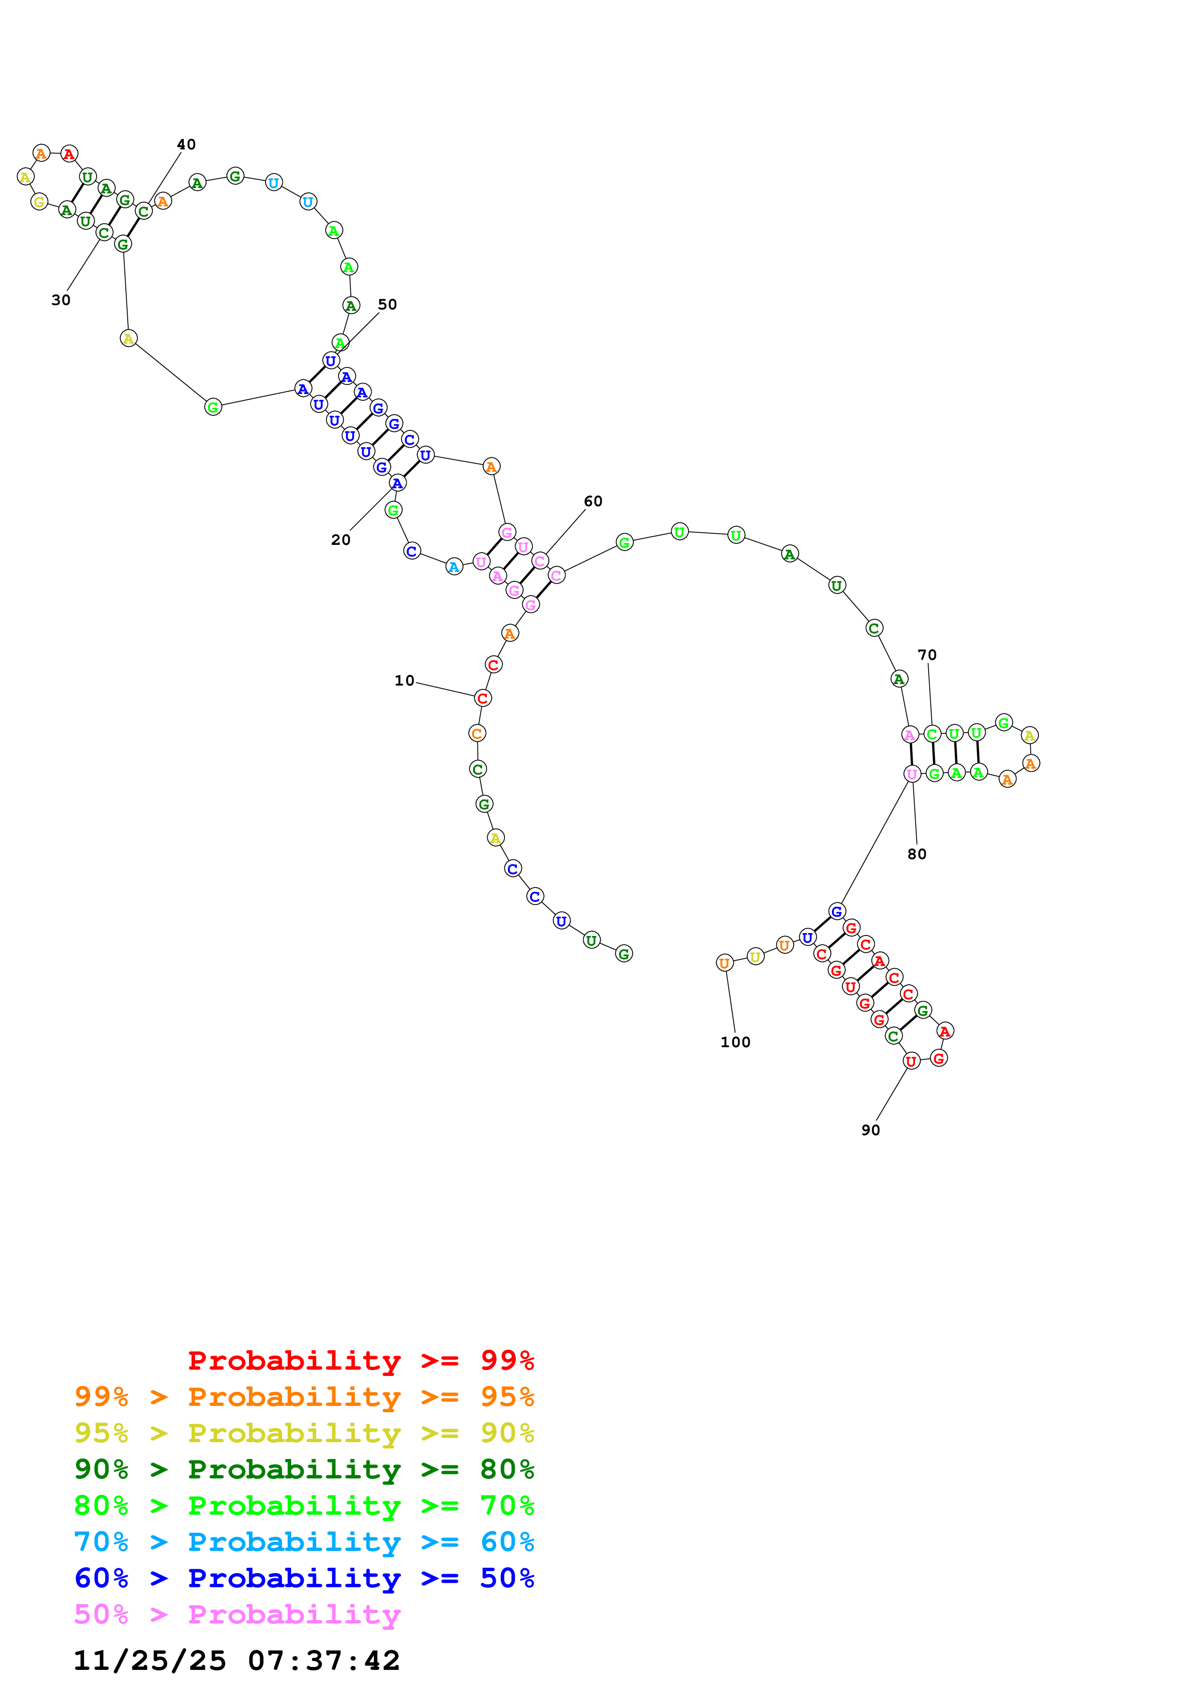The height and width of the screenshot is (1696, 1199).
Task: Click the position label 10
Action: pyautogui.click(x=404, y=680)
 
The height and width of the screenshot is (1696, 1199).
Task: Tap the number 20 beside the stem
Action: pyautogui.click(x=340, y=540)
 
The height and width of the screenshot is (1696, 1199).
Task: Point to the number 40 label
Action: pyautogui.click(x=186, y=144)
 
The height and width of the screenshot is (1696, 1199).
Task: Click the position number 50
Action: pyautogui.click(x=387, y=304)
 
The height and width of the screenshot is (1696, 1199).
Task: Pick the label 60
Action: pyautogui.click(x=593, y=501)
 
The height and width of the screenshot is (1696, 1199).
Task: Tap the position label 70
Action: pyautogui.click(x=927, y=655)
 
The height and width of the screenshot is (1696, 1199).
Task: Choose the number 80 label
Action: pyautogui.click(x=917, y=854)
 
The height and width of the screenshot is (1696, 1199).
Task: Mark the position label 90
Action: pyautogui.click(x=871, y=1130)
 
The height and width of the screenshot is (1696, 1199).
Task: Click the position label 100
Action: pyautogui.click(x=735, y=1042)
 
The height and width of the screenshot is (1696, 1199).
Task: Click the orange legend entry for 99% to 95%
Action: pyautogui.click(x=304, y=1397)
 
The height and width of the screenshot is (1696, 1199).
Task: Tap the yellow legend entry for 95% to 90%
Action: pyautogui.click(x=304, y=1433)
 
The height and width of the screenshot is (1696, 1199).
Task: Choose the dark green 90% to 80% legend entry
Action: pyautogui.click(x=304, y=1469)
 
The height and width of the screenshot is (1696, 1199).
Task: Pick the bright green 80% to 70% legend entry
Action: pyautogui.click(x=304, y=1506)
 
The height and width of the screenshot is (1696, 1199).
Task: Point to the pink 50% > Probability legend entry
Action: pyautogui.click(x=237, y=1614)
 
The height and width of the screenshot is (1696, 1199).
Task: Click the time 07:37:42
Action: pyautogui.click(x=324, y=1661)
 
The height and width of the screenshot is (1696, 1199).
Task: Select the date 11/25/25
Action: pyautogui.click(x=150, y=1661)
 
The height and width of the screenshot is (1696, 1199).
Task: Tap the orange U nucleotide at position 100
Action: pyautogui.click(x=725, y=963)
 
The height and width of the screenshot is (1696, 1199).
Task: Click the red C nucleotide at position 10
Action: pyautogui.click(x=482, y=698)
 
